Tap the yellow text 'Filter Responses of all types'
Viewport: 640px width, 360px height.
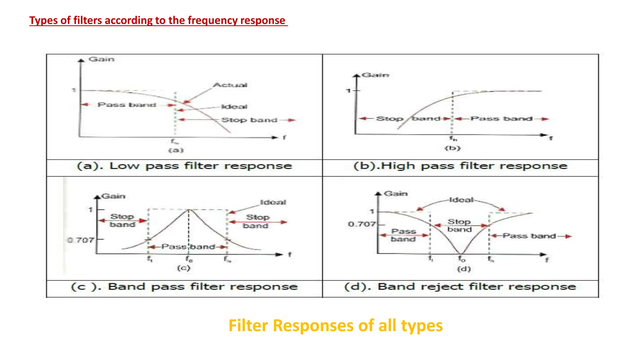point(335,325)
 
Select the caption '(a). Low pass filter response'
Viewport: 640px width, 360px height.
point(184,166)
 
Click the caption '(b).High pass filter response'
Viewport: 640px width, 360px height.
point(460,166)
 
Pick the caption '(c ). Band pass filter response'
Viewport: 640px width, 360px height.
point(184,287)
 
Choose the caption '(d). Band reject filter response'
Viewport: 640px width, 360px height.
point(460,287)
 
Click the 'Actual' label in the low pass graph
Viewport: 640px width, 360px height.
point(230,85)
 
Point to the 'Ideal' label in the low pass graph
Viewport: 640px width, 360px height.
point(234,107)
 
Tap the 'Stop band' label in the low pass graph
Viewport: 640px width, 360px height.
point(249,120)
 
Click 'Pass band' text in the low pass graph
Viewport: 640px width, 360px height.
point(127,105)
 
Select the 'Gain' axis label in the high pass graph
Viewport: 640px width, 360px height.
point(375,75)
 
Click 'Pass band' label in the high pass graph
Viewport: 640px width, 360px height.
point(501,119)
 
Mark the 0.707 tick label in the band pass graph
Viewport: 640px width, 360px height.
point(81,240)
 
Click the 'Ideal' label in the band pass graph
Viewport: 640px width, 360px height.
point(273,202)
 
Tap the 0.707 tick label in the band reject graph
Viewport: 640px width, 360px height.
point(362,224)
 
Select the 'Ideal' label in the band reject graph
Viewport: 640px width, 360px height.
point(461,200)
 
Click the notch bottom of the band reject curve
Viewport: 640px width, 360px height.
point(461,253)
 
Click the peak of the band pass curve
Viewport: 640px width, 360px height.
point(188,210)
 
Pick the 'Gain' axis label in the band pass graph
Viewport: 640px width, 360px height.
point(113,196)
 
